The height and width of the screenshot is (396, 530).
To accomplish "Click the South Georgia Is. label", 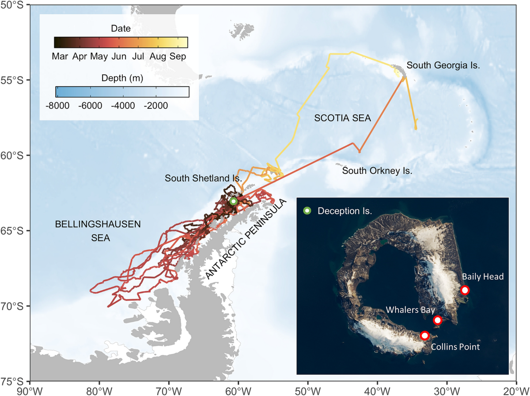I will (443, 65).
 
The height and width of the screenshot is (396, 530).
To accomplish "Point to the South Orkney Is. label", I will (377, 170).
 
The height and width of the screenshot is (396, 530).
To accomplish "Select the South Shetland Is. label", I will (204, 178).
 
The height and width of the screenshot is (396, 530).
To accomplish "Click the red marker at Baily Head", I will (464, 290).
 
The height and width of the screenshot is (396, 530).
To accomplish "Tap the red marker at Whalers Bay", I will (438, 320).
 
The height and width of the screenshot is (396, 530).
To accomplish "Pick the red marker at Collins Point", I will (424, 335).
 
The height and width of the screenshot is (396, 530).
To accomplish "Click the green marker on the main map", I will (233, 201).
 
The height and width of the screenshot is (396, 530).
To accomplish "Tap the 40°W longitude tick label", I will (377, 391).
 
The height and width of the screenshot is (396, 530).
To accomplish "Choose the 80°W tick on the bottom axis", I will (99, 391).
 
